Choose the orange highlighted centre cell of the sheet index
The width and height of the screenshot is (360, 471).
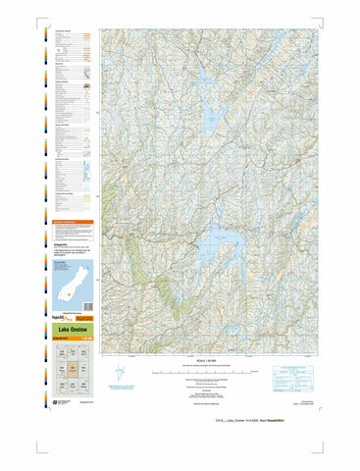(73, 372)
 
